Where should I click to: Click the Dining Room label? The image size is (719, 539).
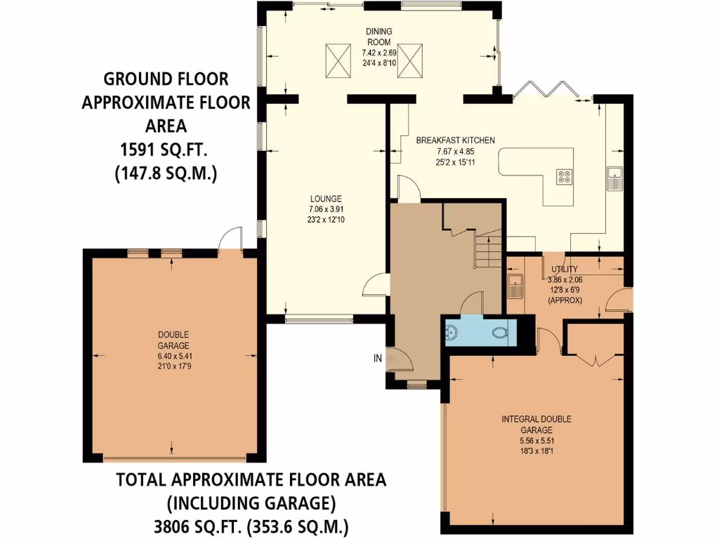click(x=378, y=36)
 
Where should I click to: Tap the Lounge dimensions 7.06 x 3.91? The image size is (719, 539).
click(x=326, y=209)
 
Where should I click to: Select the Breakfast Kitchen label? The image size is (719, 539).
click(x=455, y=140)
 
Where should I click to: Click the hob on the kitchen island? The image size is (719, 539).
click(x=564, y=176)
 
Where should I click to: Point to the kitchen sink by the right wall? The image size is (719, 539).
click(x=614, y=178)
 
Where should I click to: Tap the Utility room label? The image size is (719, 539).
click(x=565, y=269)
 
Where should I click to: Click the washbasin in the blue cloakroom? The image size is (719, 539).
click(x=451, y=332)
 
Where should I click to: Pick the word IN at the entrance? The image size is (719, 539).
click(x=377, y=358)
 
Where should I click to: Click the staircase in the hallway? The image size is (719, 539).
click(x=487, y=251)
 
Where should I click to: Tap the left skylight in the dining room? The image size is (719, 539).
click(x=338, y=60)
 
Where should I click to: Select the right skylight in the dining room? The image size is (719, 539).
click(x=409, y=60)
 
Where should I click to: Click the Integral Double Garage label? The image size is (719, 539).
click(x=536, y=425)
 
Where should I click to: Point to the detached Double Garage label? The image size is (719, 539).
click(x=173, y=340)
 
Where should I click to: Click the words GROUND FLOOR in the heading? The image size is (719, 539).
click(x=166, y=79)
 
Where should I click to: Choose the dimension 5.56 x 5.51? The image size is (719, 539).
click(x=536, y=441)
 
